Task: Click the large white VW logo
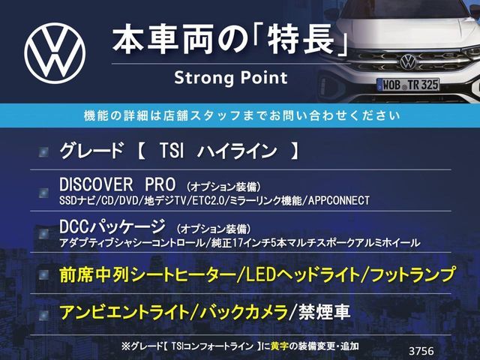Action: point(55,53)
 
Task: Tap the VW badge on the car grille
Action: point(408,61)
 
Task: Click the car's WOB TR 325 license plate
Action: point(408,85)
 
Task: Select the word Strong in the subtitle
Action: point(205,78)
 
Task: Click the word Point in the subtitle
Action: point(264,77)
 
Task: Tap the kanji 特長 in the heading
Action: point(300,40)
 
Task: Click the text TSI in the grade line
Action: point(172,151)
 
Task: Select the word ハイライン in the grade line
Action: point(237,151)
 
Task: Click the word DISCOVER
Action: point(96,184)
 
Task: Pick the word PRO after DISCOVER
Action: point(160,184)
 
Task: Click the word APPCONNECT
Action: point(339,201)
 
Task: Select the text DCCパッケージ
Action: point(112,226)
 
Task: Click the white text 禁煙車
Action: point(324,312)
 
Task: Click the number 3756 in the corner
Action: point(421,351)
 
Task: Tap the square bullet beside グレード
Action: point(43,151)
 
